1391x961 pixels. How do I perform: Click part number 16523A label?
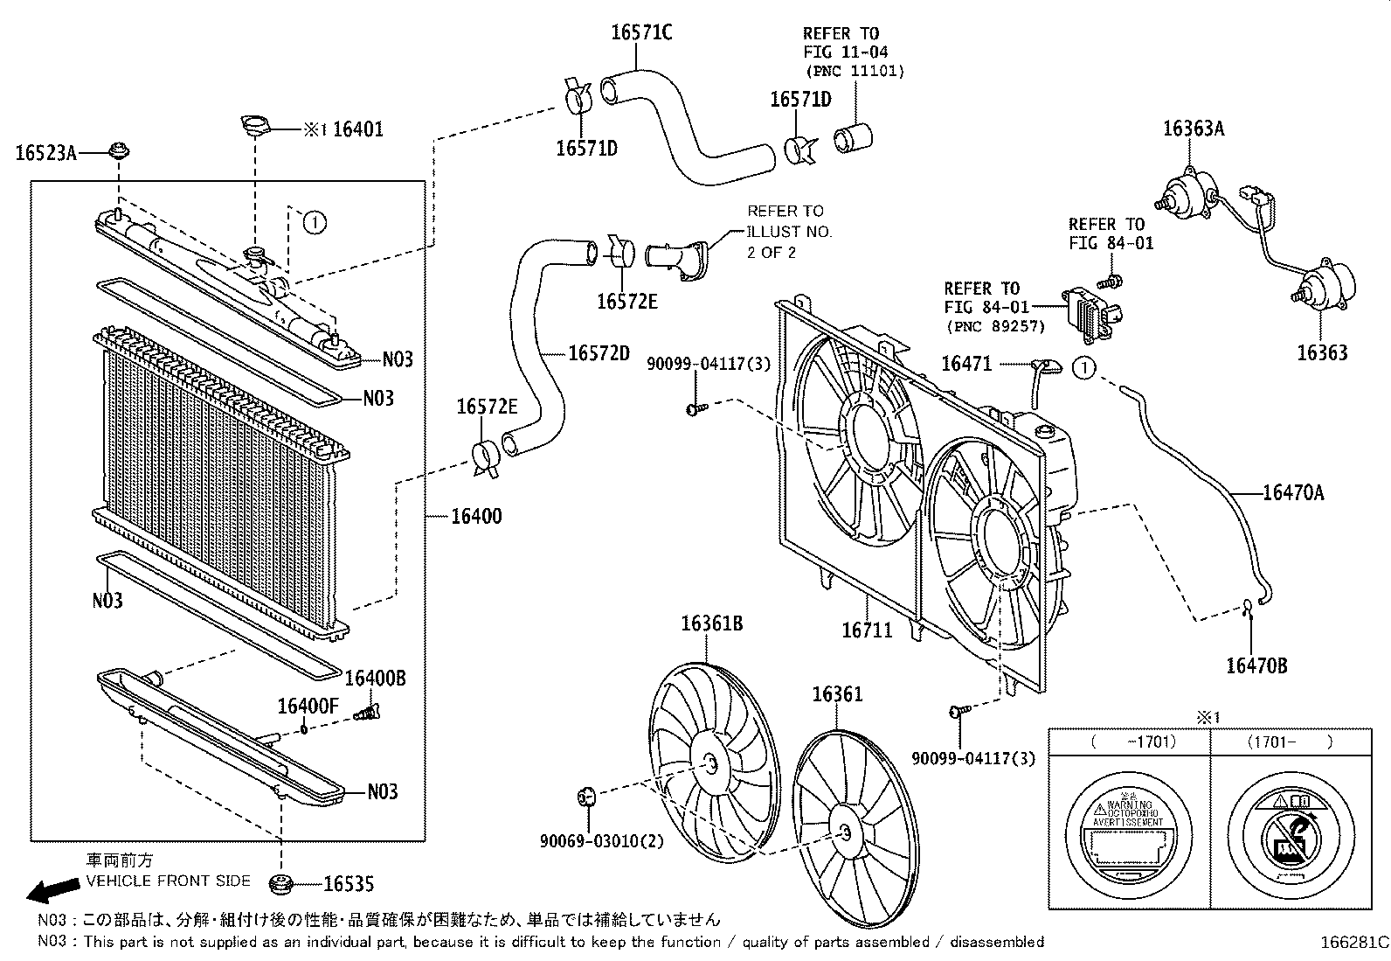click(x=45, y=154)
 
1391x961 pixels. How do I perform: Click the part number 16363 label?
click(x=1321, y=352)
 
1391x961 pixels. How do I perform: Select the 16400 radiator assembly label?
click(x=476, y=516)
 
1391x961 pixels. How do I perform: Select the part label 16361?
click(x=837, y=694)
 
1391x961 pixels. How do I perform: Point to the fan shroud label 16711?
click(x=867, y=630)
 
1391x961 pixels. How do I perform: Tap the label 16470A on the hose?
click(x=1293, y=493)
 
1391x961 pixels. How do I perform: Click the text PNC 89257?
click(x=995, y=327)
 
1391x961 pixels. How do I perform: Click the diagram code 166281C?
click(x=1353, y=944)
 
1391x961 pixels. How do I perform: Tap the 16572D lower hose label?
click(x=599, y=353)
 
